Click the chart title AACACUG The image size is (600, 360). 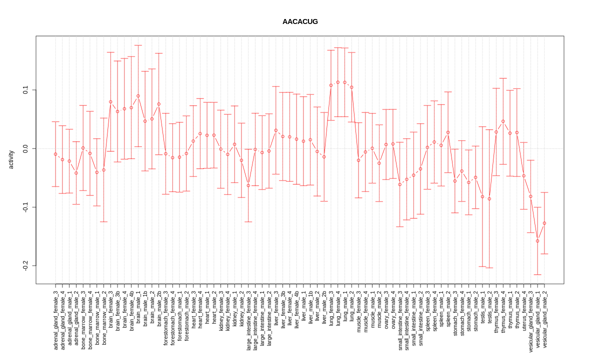tap(300, 21)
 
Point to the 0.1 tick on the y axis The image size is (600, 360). tap(25, 90)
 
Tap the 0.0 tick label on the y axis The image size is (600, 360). tap(25, 148)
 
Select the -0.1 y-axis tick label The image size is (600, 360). tap(25, 207)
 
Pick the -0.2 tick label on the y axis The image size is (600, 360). tap(25, 265)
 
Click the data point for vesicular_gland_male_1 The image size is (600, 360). tap(537, 241)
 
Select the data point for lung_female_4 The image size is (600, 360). tap(338, 82)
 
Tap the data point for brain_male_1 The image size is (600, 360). tap(138, 96)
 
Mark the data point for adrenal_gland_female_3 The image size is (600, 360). tap(55, 154)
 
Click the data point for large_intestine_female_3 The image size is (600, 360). tap(248, 185)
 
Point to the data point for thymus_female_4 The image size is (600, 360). tap(503, 121)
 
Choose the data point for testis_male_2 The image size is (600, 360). tap(489, 199)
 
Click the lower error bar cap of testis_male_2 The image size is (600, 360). tap(489, 268)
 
